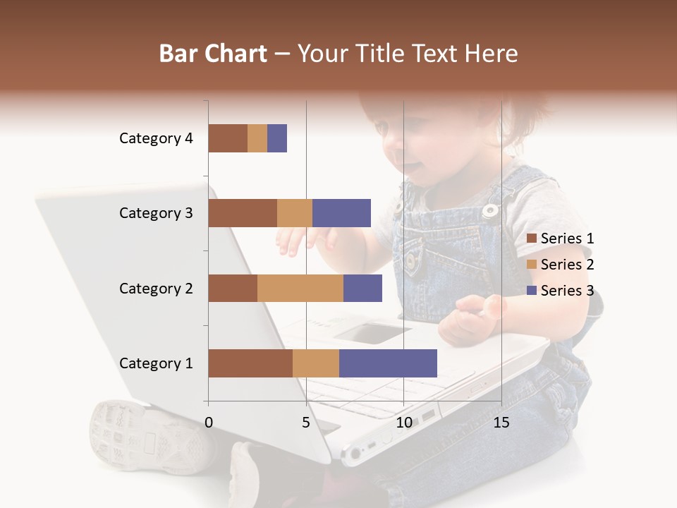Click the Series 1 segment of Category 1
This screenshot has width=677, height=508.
pyautogui.click(x=250, y=363)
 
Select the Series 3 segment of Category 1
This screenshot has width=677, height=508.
pyautogui.click(x=388, y=363)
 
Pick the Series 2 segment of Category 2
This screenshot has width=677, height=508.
pyautogui.click(x=300, y=288)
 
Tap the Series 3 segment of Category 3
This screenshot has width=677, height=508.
pyautogui.click(x=341, y=213)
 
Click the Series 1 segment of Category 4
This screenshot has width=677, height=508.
pyautogui.click(x=228, y=138)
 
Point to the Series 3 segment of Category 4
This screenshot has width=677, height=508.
pyautogui.click(x=277, y=138)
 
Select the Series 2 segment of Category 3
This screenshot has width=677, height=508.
pyautogui.click(x=295, y=213)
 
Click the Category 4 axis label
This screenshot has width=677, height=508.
pyautogui.click(x=156, y=138)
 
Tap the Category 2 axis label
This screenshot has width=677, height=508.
pyautogui.click(x=156, y=288)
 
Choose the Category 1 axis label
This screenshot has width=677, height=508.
pyautogui.click(x=156, y=363)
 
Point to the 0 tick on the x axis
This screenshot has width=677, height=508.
pyautogui.click(x=209, y=423)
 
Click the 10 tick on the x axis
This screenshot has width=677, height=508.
pyautogui.click(x=403, y=423)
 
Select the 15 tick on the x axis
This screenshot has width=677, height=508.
pyautogui.click(x=501, y=423)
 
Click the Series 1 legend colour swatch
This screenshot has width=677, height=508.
pyautogui.click(x=531, y=238)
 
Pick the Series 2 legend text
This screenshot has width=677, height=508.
pyautogui.click(x=567, y=265)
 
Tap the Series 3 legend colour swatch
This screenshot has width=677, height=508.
pyautogui.click(x=531, y=291)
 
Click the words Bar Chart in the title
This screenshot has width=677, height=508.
pyautogui.click(x=213, y=53)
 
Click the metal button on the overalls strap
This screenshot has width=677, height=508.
pyautogui.click(x=489, y=210)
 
